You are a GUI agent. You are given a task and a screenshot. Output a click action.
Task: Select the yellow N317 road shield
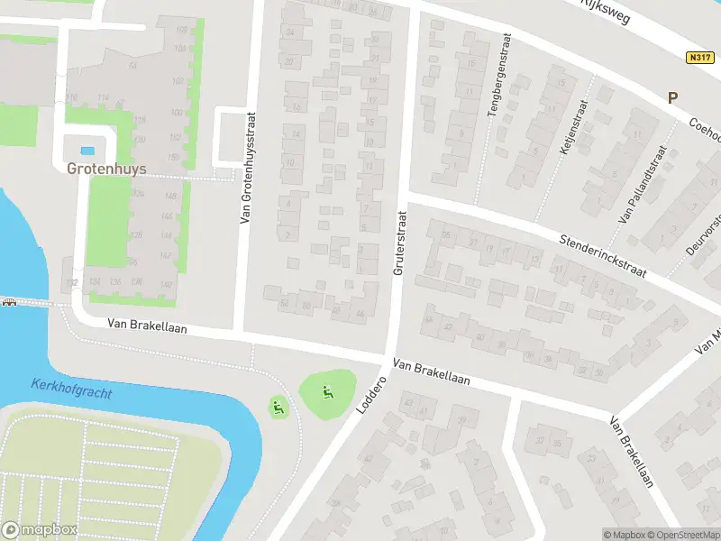coord(698,57)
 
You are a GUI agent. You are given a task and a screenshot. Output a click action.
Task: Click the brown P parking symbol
coord(671,98)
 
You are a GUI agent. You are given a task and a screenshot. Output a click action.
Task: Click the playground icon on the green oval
coord(326,391)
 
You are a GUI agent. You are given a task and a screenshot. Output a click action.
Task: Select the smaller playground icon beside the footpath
coord(278,407)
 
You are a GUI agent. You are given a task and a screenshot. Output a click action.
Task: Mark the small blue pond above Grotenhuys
coord(87,151)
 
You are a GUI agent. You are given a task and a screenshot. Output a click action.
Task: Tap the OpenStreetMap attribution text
coord(682,535)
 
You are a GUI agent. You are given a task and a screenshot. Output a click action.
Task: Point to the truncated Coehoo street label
coord(703,131)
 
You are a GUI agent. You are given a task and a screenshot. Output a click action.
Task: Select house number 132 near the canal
coord(71,283)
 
